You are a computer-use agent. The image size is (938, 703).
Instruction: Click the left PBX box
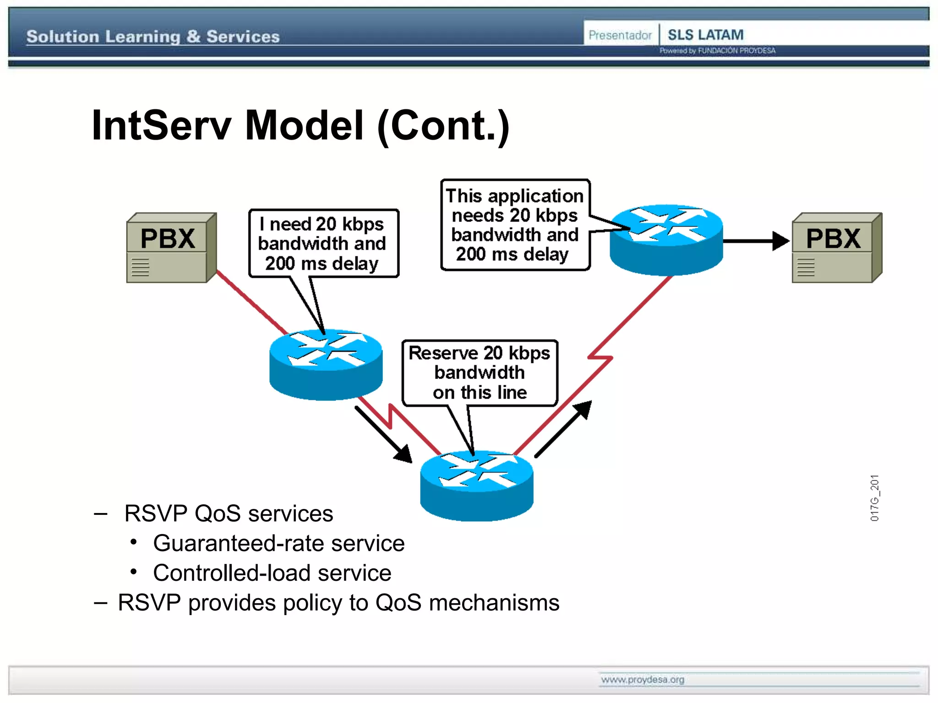click(x=170, y=248)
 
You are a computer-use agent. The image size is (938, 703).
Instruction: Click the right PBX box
click(x=836, y=248)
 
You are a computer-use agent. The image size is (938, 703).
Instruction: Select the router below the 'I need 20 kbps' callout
click(x=326, y=365)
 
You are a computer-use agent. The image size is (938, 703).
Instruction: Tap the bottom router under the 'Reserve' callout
click(x=476, y=486)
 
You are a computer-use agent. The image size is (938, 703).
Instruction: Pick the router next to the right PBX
click(x=666, y=240)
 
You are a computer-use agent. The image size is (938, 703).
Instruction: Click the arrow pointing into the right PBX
click(x=756, y=241)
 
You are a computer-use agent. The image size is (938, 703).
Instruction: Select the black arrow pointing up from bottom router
click(x=563, y=428)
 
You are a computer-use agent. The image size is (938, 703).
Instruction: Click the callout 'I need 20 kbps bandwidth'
click(x=323, y=243)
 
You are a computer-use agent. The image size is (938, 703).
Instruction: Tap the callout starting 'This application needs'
click(x=515, y=225)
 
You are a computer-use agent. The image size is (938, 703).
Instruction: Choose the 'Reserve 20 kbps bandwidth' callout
click(x=480, y=373)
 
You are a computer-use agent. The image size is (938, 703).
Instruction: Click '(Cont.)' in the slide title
click(x=443, y=126)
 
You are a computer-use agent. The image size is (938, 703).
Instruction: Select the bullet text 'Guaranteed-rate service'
click(x=278, y=543)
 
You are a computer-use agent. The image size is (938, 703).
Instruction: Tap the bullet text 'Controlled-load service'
click(x=272, y=573)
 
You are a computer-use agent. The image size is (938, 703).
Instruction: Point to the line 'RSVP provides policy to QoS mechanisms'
click(x=338, y=603)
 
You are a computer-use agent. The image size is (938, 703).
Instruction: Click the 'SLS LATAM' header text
click(x=705, y=35)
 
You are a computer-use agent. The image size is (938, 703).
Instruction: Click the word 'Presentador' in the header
click(x=620, y=35)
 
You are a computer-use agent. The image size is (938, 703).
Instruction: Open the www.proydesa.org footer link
click(x=642, y=680)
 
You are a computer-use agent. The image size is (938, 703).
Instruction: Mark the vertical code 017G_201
click(x=874, y=498)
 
